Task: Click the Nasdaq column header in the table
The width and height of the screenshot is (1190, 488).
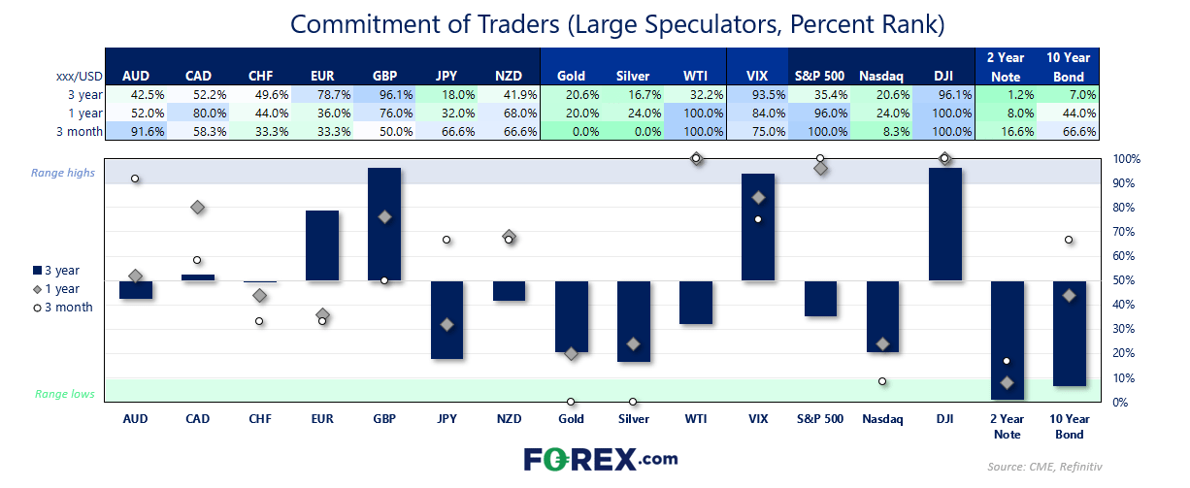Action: (x=881, y=76)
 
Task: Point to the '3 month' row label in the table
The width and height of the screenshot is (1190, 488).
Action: (x=80, y=132)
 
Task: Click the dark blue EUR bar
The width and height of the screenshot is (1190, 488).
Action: (x=322, y=245)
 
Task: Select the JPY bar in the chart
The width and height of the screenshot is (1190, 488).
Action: (x=446, y=319)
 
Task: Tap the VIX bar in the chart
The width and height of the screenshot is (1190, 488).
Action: (x=758, y=227)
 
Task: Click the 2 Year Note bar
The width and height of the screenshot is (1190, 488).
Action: (x=1008, y=340)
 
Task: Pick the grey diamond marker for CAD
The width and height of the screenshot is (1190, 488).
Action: (x=198, y=207)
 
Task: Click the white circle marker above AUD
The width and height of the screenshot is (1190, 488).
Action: (x=135, y=179)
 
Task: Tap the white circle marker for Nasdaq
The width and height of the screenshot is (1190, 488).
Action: (x=882, y=381)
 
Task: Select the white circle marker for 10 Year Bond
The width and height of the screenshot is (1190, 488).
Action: (x=1069, y=240)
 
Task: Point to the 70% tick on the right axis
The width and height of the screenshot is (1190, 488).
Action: (x=1124, y=232)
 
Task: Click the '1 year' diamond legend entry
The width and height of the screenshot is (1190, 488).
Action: (x=56, y=289)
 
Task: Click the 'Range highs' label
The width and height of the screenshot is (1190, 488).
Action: (x=63, y=173)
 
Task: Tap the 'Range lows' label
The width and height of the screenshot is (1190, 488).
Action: (x=65, y=394)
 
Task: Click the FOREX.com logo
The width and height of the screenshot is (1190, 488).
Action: (x=601, y=459)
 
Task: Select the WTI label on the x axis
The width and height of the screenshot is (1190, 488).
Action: (x=696, y=419)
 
